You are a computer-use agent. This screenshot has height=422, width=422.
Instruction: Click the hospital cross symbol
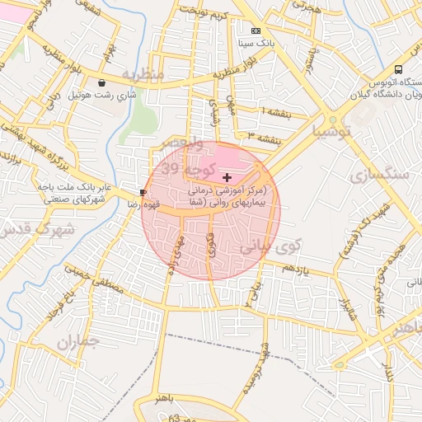[x=227, y=177]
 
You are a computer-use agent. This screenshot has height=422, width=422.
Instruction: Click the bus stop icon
[x=399, y=69]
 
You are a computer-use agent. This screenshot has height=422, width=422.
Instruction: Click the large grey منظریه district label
[x=143, y=74]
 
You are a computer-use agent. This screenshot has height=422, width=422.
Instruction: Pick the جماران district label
[x=78, y=341]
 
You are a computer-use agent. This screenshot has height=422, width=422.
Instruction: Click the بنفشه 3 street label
[x=265, y=134]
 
